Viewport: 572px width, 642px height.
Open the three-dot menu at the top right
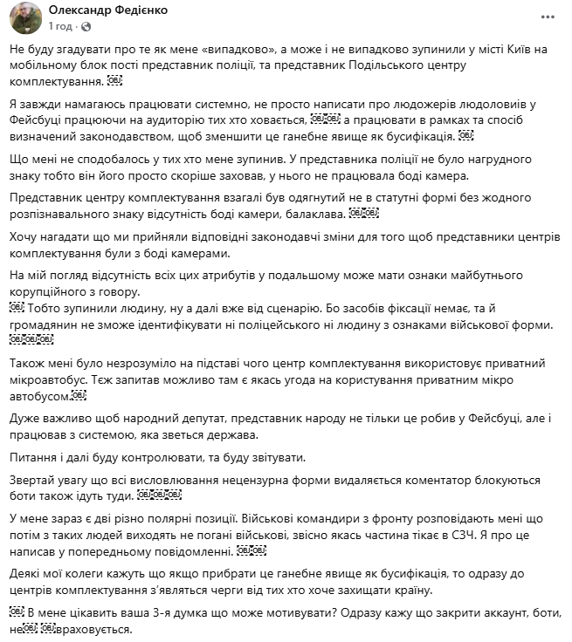click(x=546, y=17)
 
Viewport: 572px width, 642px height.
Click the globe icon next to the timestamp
click(x=93, y=27)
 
